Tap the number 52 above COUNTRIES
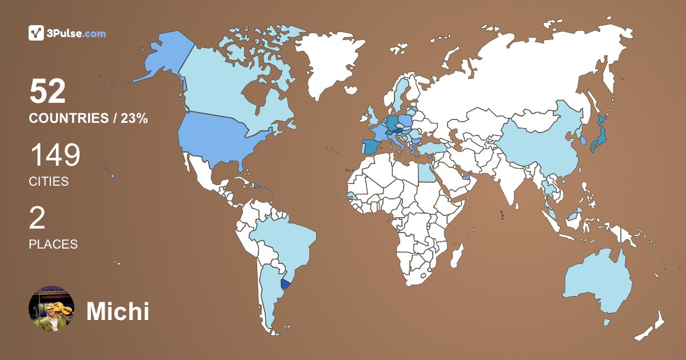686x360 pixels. [x=48, y=91]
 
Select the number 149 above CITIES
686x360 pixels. [x=55, y=155]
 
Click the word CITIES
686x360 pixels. [x=49, y=182]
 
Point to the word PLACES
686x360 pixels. [x=53, y=244]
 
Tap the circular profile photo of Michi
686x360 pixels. [x=51, y=309]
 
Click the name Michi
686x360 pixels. [x=118, y=311]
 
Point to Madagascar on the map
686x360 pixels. [x=456, y=255]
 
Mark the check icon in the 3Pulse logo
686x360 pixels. [x=37, y=33]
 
